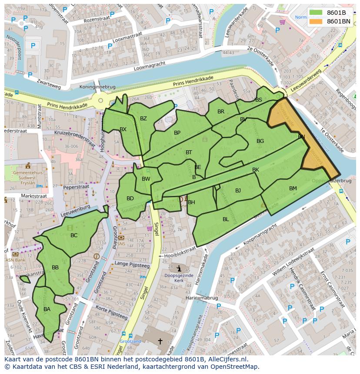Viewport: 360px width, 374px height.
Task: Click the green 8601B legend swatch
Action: click(317, 13)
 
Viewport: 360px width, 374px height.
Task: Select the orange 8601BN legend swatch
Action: click(317, 21)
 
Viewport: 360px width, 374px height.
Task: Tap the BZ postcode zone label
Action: click(143, 119)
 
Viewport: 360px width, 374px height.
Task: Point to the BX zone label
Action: click(123, 129)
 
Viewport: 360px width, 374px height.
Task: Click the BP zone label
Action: click(177, 133)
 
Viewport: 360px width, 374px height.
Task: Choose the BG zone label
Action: click(260, 141)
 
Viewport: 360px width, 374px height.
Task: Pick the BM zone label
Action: click(293, 189)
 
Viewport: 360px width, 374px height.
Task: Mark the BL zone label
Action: click(226, 219)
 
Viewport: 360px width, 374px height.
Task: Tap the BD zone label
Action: click(130, 199)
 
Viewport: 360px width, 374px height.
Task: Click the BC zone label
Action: click(74, 235)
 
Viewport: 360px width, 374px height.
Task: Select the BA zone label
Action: click(47, 309)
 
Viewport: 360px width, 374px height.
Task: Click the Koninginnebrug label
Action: click(97, 87)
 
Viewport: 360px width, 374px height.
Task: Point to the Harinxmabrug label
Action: click(201, 298)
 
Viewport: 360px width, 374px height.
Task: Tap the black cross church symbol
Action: click(160, 342)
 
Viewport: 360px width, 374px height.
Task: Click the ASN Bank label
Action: click(13, 260)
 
